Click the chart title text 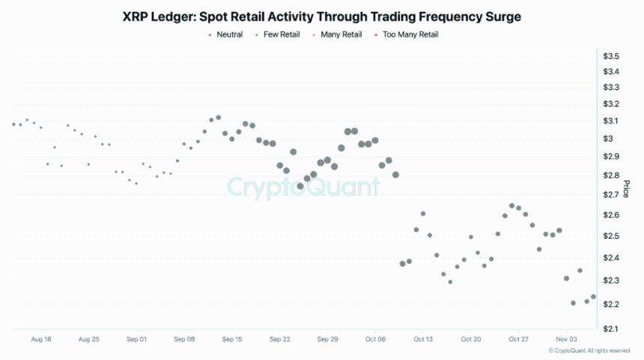tap(321, 16)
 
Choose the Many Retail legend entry tap(341, 34)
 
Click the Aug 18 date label tap(40, 339)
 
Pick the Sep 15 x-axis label tap(231, 339)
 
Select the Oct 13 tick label tap(423, 339)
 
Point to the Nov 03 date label tap(567, 339)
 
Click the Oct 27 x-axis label tap(519, 339)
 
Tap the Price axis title tap(627, 193)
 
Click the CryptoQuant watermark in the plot tap(303, 186)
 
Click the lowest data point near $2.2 tap(574, 303)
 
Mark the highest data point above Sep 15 tap(219, 118)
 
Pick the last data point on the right tap(594, 297)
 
